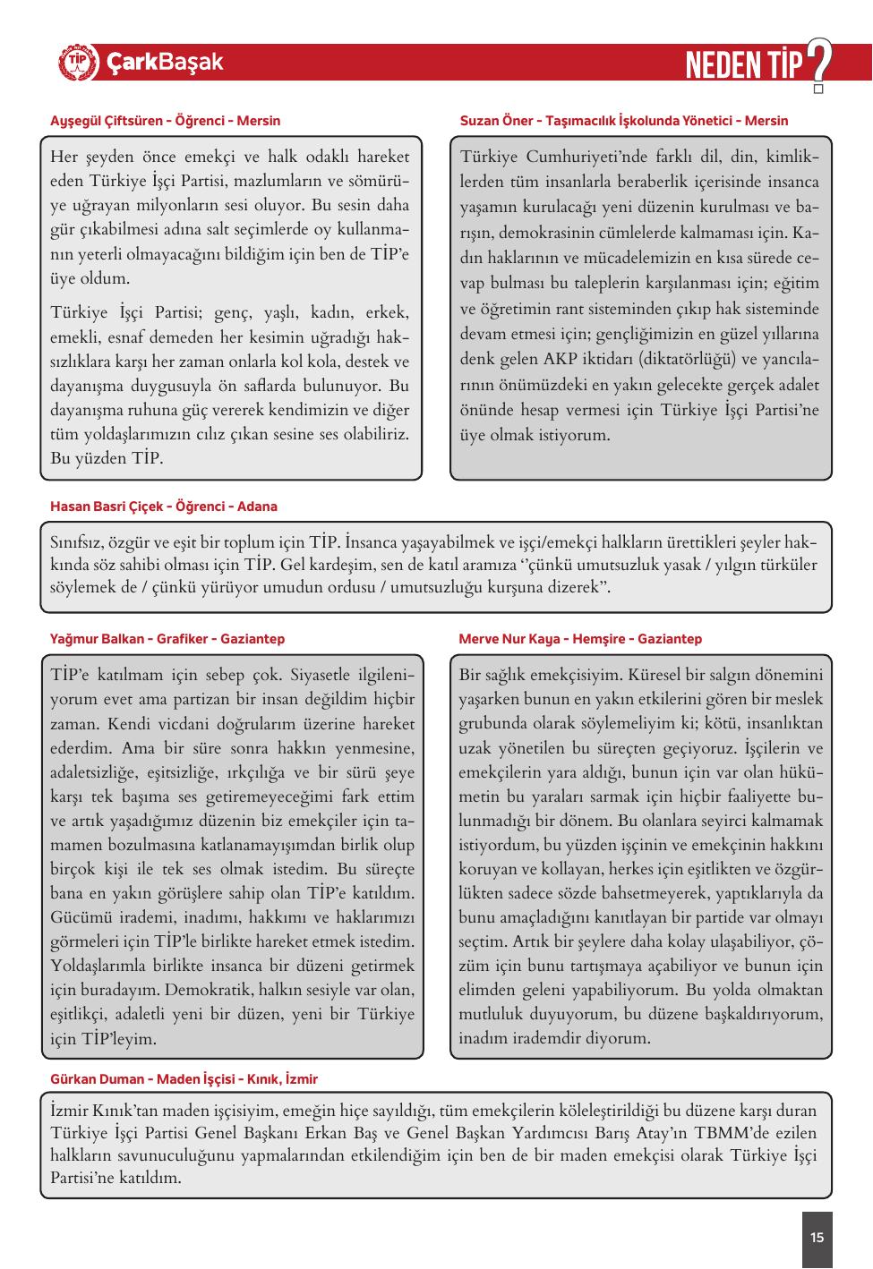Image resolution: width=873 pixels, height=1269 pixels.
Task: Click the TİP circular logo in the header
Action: pos(78,63)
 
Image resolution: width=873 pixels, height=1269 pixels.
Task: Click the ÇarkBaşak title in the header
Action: pos(165,63)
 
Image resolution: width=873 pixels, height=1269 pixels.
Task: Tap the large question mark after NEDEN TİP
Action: pos(817,63)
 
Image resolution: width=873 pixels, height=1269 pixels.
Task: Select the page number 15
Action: pos(817,1239)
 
